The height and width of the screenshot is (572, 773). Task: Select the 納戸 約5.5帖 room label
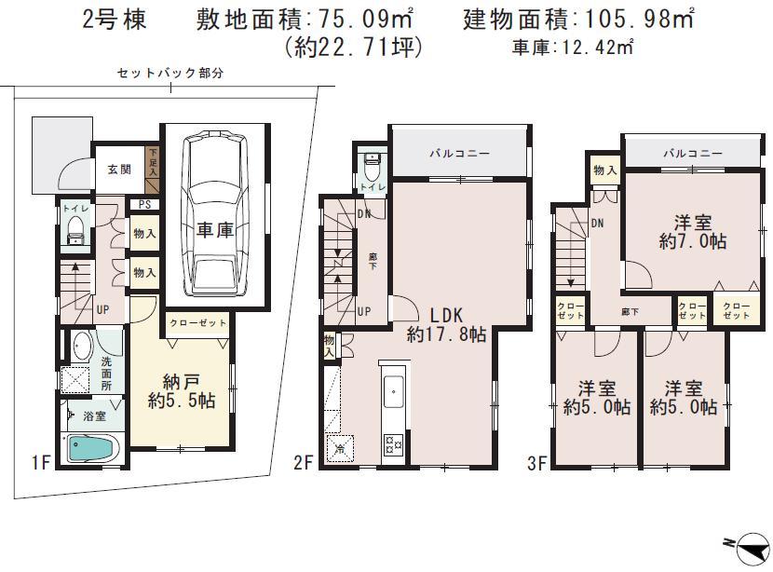(x=183, y=390)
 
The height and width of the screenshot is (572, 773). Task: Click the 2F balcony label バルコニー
(x=459, y=155)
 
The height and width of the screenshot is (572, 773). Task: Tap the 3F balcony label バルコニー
(x=692, y=154)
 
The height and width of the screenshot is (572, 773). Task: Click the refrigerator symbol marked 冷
(x=339, y=448)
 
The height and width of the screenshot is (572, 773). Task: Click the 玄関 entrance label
(x=118, y=169)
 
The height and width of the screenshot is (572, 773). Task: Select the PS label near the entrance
(x=144, y=205)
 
